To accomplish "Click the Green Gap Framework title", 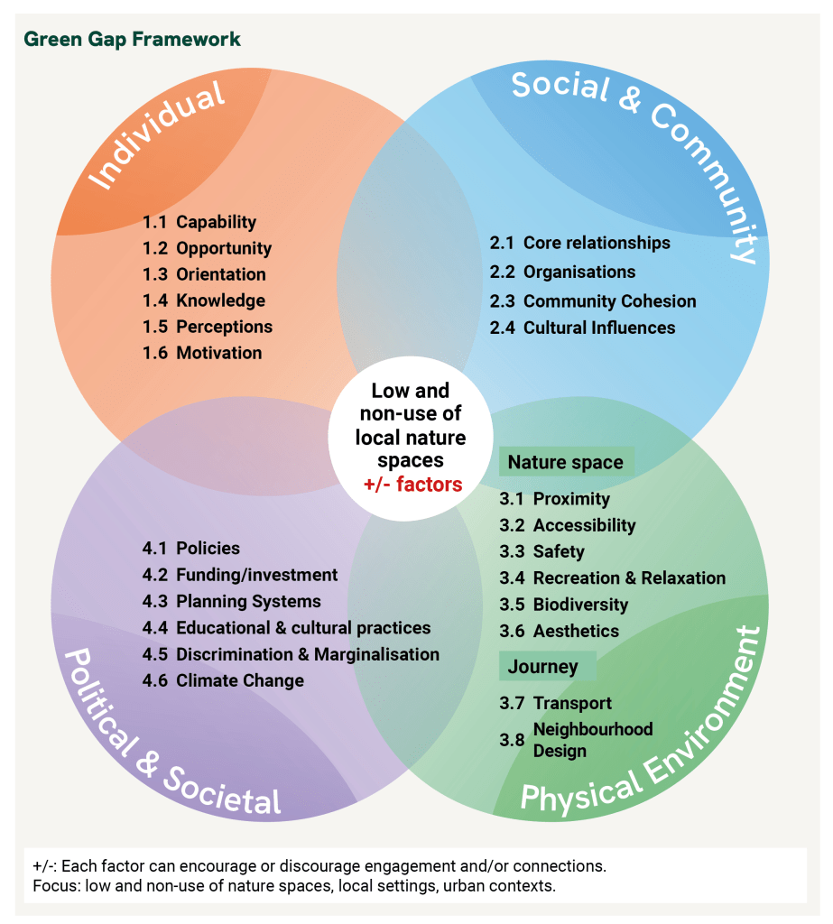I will [132, 40].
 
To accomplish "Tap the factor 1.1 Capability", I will [199, 222].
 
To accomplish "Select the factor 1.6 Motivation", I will [202, 353].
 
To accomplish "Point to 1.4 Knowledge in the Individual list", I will [204, 300].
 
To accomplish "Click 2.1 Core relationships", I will [579, 243].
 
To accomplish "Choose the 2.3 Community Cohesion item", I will [593, 301].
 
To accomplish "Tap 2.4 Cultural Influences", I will [582, 328].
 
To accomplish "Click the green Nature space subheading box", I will [566, 462].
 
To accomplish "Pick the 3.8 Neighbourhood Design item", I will [578, 740].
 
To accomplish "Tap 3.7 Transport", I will [555, 703].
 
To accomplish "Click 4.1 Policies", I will [191, 549].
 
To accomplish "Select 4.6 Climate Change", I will [223, 680].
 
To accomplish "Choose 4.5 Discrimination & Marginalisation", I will [291, 654].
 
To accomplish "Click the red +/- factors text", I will [412, 485].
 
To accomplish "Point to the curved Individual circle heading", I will [158, 135].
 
